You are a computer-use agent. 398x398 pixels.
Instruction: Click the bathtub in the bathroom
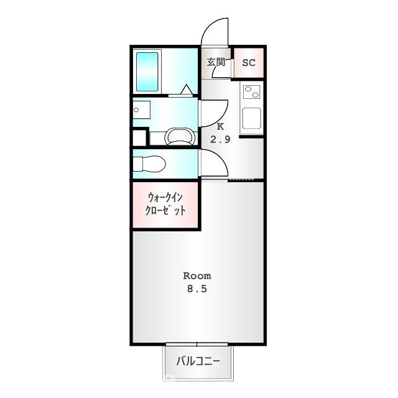click(x=147, y=72)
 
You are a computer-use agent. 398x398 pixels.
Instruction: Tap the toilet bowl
click(x=149, y=164)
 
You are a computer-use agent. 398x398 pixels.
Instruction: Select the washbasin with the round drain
click(x=142, y=109)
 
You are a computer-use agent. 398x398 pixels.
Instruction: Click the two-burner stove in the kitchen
click(x=252, y=92)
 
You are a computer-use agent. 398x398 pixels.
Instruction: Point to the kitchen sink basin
click(x=252, y=118)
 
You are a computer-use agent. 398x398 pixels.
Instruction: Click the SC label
click(x=249, y=62)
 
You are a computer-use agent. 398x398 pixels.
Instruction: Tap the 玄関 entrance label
click(x=216, y=62)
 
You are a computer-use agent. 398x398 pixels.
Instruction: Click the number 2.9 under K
click(x=220, y=139)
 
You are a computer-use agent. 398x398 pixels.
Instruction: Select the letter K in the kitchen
click(x=220, y=126)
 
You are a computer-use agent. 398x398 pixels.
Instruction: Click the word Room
click(x=197, y=276)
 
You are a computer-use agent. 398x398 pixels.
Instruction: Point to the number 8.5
click(x=197, y=289)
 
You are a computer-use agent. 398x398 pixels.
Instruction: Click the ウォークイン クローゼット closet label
click(x=165, y=204)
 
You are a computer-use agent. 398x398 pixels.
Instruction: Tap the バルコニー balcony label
click(x=198, y=361)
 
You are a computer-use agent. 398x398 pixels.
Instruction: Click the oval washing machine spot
click(x=180, y=137)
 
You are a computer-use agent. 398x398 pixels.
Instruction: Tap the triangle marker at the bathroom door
click(x=187, y=90)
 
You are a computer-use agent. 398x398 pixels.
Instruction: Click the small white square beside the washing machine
click(x=139, y=138)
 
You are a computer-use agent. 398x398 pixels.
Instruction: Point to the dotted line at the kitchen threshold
click(x=241, y=180)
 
